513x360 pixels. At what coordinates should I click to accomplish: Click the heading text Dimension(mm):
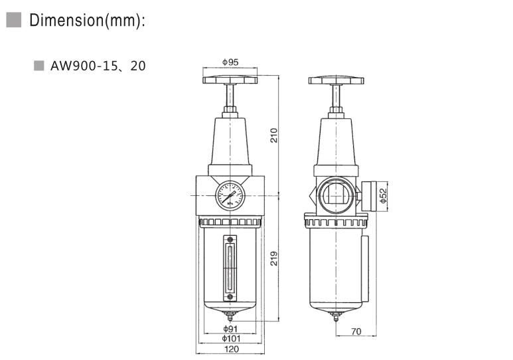coord(87,21)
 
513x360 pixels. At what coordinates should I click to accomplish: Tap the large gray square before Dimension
coord(15,21)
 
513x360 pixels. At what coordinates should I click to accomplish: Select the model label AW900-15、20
coord(98,66)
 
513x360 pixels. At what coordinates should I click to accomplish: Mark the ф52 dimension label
coord(382,195)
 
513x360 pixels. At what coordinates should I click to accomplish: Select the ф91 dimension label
coord(230,329)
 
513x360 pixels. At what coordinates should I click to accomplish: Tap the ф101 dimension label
coord(230,339)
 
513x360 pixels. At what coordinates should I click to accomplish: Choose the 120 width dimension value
coord(230,349)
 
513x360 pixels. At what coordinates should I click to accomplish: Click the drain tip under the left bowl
coord(230,317)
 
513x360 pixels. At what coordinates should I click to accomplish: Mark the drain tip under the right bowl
coord(336,317)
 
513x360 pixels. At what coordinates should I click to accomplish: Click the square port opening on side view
coord(336,195)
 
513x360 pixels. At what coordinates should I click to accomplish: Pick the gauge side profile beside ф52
coord(368,195)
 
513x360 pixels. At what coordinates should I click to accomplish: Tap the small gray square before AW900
coord(38,66)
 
